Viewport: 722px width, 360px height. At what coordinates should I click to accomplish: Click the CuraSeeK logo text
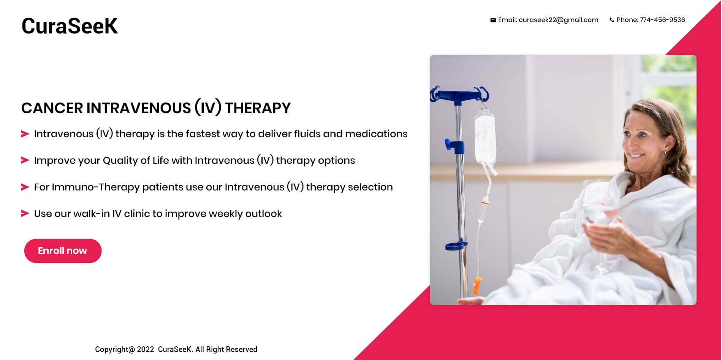pos(70,26)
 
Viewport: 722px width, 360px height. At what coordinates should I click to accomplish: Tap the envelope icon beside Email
pos(493,20)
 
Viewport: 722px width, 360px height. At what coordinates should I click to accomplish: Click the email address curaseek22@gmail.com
pos(558,20)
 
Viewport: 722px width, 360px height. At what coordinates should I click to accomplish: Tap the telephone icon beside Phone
pos(612,20)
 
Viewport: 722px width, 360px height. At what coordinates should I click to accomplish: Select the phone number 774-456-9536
pos(662,20)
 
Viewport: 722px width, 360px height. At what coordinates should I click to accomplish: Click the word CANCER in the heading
pos(52,108)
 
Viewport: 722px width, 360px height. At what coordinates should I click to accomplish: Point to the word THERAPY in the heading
pos(258,108)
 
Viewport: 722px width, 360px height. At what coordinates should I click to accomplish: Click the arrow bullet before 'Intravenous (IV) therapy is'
pos(25,134)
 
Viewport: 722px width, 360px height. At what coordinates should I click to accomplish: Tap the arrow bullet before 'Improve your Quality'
pos(25,160)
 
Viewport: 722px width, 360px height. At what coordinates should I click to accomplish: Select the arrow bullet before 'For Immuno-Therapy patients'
pos(25,187)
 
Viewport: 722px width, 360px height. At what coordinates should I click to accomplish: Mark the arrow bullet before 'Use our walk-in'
pos(25,213)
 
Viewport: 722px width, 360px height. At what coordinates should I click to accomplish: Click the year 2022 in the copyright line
pos(146,349)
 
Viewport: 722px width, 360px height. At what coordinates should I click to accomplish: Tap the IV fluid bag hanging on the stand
pos(485,139)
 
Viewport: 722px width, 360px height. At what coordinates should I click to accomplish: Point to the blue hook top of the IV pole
pos(459,95)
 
